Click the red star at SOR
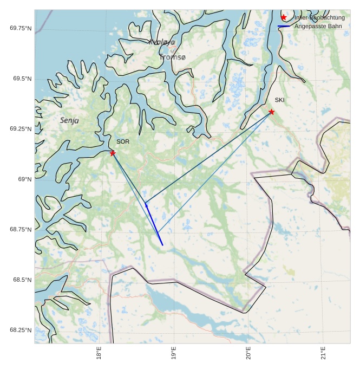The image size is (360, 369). click(113, 153)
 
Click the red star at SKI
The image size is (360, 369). click(271, 112)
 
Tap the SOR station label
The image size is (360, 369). click(123, 142)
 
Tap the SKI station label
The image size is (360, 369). click(279, 100)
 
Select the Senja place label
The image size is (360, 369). click(69, 120)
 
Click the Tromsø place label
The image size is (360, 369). click(173, 57)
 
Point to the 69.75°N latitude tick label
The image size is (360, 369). click(21, 28)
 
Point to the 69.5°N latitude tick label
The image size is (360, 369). click(22, 79)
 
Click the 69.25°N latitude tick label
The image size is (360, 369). click(21, 129)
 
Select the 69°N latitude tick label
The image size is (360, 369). click(24, 179)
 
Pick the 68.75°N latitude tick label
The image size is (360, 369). click(21, 230)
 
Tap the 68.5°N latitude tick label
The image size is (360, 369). click(22, 280)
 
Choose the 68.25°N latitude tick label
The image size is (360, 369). click(21, 331)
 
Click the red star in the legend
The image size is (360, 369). click(284, 18)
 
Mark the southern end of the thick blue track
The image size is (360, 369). click(162, 245)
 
